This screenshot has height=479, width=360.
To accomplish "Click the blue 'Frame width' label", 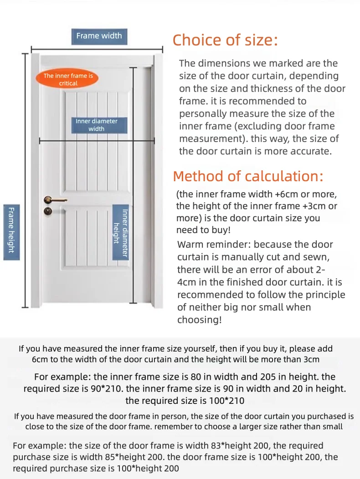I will [99, 36].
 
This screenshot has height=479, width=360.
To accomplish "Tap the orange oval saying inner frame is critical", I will [68, 79].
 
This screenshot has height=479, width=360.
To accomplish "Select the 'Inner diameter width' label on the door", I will [96, 125].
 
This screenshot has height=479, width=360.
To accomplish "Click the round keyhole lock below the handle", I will [47, 211].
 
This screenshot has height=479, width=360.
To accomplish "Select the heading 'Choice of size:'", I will [225, 41].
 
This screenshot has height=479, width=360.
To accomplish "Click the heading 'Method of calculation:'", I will [248, 176].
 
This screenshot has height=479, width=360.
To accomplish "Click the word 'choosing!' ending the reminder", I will [199, 320].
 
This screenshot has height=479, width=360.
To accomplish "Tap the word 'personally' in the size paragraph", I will [203, 113].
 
